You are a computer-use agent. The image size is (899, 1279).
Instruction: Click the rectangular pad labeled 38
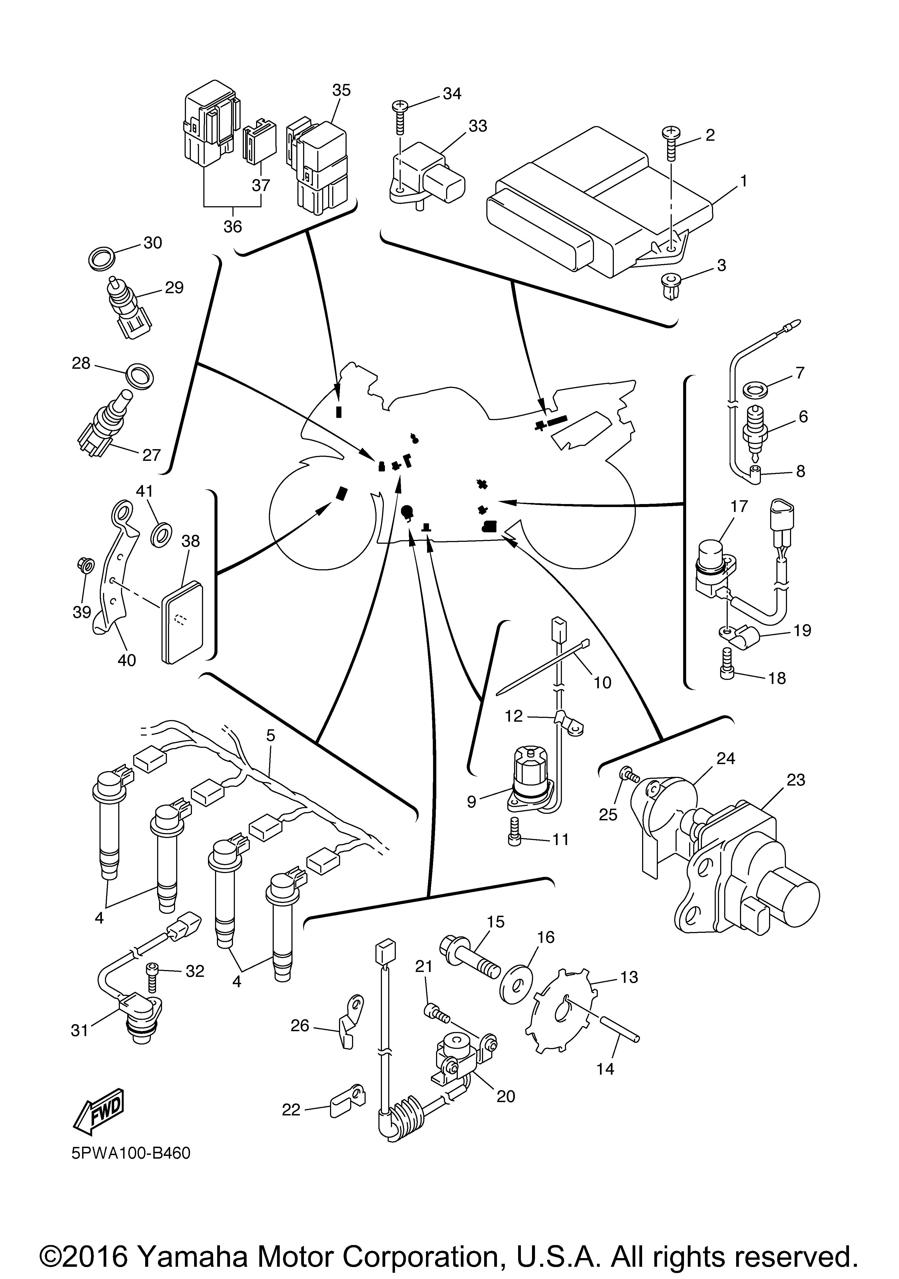182,622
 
